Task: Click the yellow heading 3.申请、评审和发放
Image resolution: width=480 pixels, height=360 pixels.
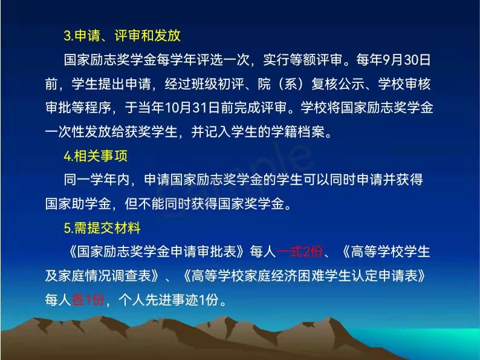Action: [x=122, y=36]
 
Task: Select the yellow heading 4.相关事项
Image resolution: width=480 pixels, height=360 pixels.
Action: [x=96, y=156]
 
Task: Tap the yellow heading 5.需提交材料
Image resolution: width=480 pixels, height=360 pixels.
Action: [x=102, y=228]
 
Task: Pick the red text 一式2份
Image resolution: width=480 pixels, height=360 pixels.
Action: [x=300, y=252]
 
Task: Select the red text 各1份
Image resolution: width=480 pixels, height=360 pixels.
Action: [x=88, y=299]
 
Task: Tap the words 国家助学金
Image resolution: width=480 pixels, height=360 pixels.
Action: [x=79, y=204]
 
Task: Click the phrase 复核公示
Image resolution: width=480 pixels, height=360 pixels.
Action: [x=338, y=83]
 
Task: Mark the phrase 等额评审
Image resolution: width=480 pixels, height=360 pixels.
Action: [x=316, y=60]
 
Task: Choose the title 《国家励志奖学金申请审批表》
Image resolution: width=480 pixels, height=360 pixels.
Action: [x=157, y=252]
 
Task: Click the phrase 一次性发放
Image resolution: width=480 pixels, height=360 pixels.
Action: [x=79, y=132]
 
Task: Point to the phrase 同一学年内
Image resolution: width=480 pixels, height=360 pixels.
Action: [x=97, y=180]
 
